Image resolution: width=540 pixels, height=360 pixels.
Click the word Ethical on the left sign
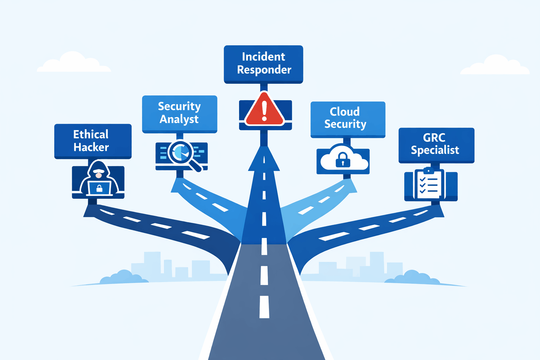[x=91, y=134]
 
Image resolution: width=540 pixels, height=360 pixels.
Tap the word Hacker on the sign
[x=91, y=147]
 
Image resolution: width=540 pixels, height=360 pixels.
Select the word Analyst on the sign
[x=179, y=119]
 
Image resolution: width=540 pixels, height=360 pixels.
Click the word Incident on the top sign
[x=263, y=57]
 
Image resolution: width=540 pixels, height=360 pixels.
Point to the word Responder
[x=264, y=70]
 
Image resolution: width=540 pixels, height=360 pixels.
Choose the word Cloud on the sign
[x=345, y=112]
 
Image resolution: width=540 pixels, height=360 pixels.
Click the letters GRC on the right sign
[x=434, y=137]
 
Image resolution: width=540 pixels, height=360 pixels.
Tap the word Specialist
[x=435, y=150]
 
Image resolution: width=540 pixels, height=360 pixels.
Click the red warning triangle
[x=264, y=110]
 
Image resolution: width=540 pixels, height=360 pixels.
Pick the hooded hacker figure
[x=98, y=178]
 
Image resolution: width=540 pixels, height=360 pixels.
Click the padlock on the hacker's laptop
[x=99, y=188]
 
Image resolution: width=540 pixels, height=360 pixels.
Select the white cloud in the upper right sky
[x=495, y=65]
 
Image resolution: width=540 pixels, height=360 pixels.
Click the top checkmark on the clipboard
[x=423, y=179]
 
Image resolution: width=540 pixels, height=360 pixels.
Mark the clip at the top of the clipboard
[x=429, y=171]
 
